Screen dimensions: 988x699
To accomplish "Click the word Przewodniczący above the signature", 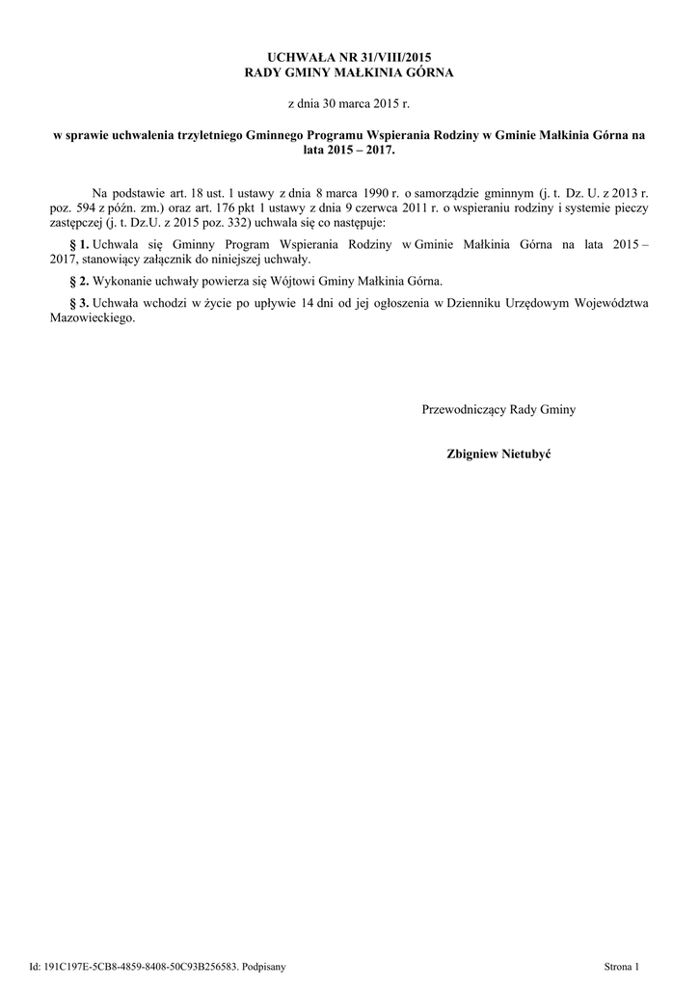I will click(466, 410).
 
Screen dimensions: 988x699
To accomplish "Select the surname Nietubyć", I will click(524, 453).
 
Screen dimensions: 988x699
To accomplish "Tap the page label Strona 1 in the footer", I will click(621, 965).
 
